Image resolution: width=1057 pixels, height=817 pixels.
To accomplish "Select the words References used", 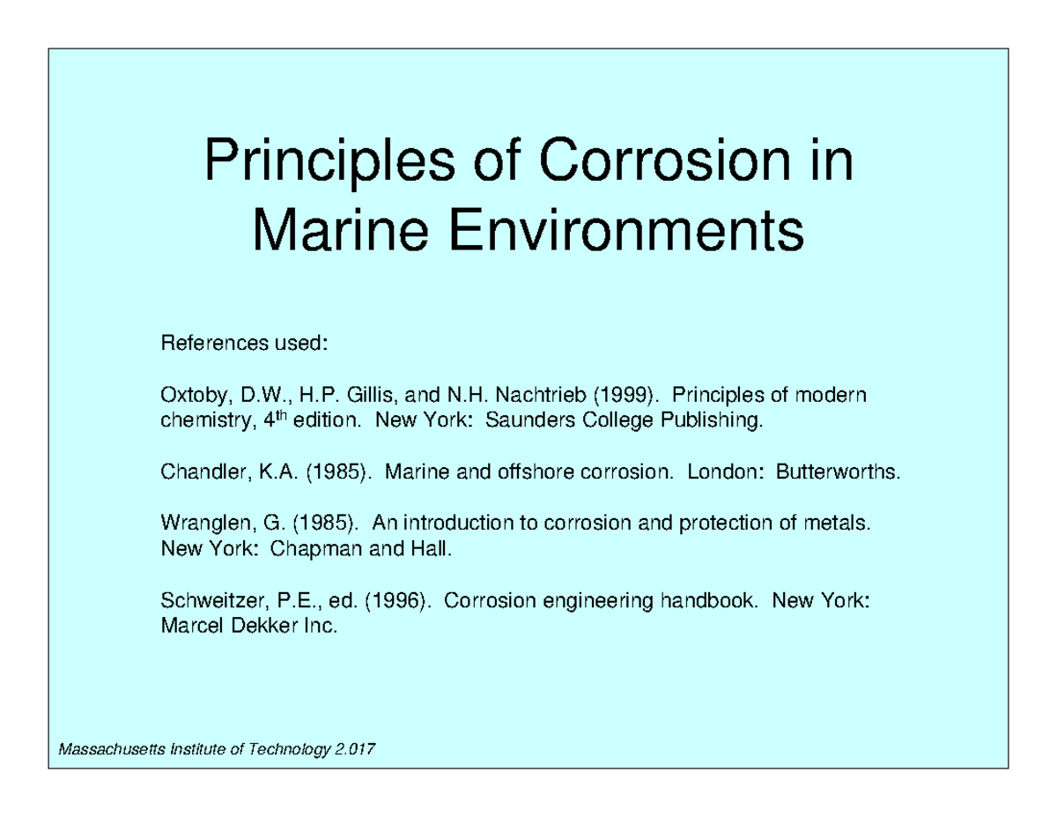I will [244, 342].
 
